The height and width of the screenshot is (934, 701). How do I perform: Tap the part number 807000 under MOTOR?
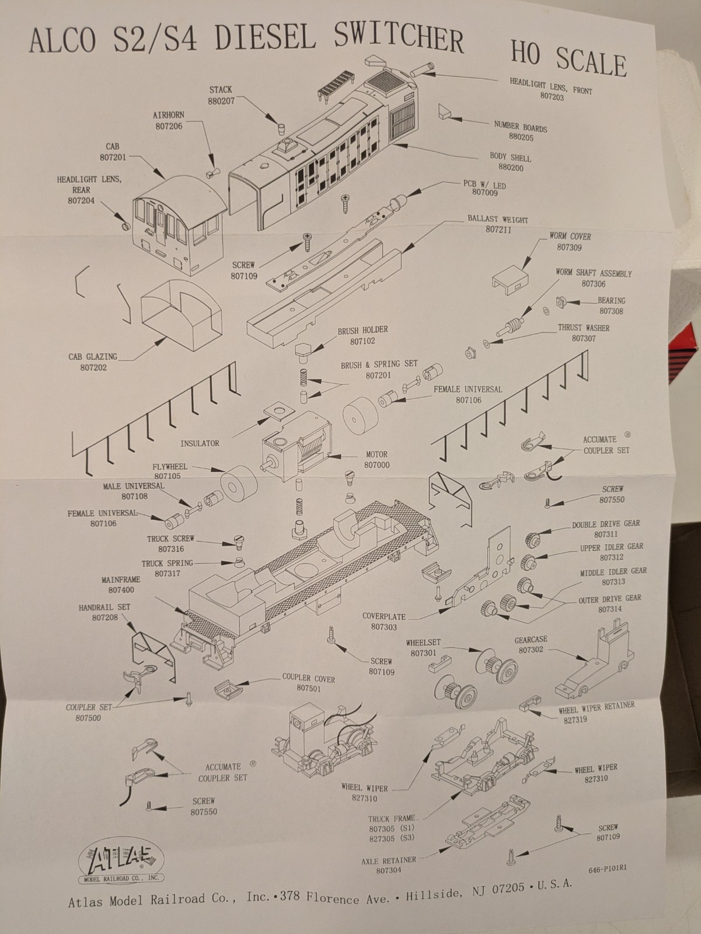tap(376, 465)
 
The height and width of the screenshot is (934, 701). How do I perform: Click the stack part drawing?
tap(281, 128)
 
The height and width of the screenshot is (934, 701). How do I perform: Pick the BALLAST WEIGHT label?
tap(498, 220)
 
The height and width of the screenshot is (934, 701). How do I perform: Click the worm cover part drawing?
tap(511, 280)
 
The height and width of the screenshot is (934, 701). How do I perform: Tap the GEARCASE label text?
tap(531, 640)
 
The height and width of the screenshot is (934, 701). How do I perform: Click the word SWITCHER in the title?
tap(398, 39)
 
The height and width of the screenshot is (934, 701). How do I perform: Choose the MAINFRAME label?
tap(121, 580)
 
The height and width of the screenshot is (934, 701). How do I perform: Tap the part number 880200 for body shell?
tap(511, 168)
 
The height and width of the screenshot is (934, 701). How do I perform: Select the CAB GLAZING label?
tap(93, 356)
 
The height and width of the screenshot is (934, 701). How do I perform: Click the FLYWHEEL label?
tap(170, 467)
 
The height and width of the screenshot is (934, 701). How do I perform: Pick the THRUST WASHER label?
tap(584, 328)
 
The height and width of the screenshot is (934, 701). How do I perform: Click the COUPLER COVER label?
tap(309, 678)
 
